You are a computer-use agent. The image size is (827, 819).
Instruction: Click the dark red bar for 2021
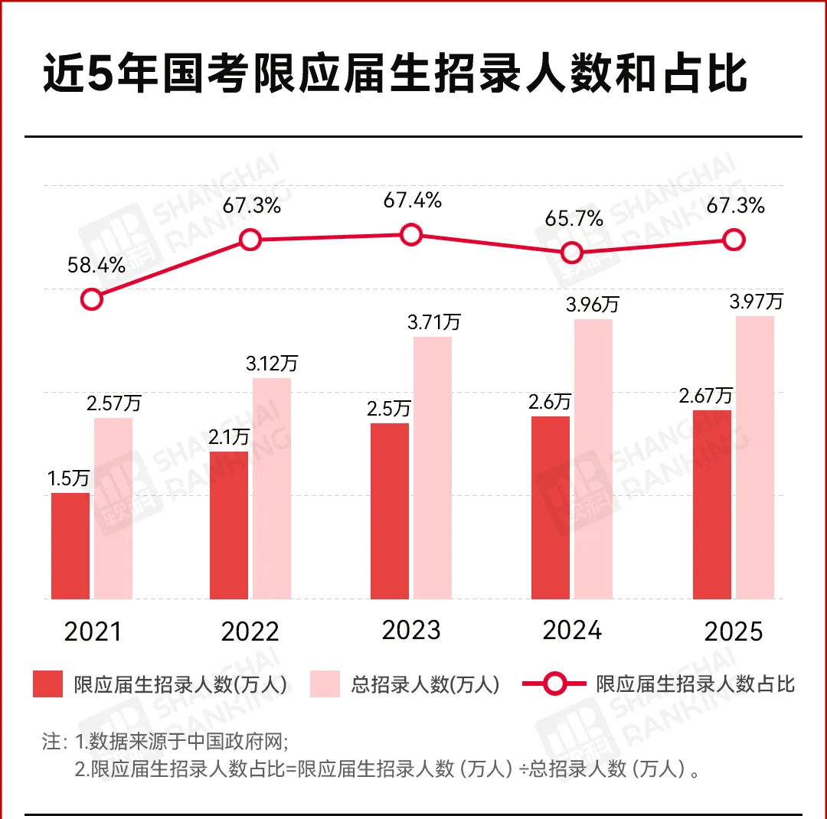coord(70,545)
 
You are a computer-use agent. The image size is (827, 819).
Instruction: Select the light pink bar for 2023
coord(433,467)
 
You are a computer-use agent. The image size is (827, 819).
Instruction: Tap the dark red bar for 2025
coord(712,504)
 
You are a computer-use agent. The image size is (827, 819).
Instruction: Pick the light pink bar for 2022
coord(272,488)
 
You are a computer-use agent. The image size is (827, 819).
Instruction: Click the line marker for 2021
coord(91,299)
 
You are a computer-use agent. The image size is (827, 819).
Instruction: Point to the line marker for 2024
coord(571,252)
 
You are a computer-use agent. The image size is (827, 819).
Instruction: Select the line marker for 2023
coord(411,234)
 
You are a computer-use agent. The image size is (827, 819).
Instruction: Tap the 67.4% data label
coord(413,201)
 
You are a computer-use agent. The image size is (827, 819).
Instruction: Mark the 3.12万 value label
coord(271,362)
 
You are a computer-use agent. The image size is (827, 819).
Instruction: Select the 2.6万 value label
coord(550,401)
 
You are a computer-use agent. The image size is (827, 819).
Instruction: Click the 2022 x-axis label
coord(250,632)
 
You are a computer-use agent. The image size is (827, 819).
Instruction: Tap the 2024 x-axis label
coord(572,630)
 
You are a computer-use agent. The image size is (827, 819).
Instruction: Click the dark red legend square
coord(47,684)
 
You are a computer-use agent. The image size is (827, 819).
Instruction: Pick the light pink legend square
coord(325,684)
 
